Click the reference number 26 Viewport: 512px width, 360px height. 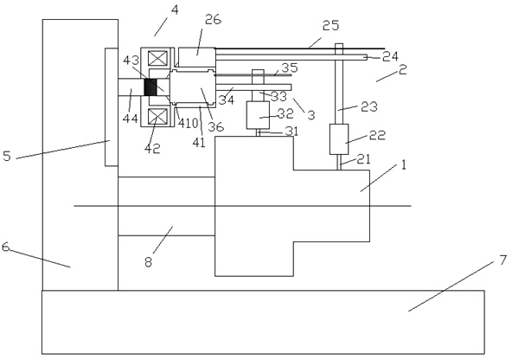[x=213, y=20]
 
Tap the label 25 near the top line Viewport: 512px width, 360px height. [x=330, y=25]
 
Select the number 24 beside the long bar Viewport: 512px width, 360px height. [x=390, y=56]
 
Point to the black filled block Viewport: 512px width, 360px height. [x=150, y=87]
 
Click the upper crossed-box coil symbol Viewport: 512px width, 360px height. [x=157, y=59]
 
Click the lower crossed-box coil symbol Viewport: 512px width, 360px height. [x=157, y=116]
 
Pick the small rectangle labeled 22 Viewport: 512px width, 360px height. [x=339, y=138]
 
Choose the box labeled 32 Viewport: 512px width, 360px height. [x=258, y=115]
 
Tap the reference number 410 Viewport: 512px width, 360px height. [x=188, y=124]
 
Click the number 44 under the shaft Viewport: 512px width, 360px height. [x=131, y=119]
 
